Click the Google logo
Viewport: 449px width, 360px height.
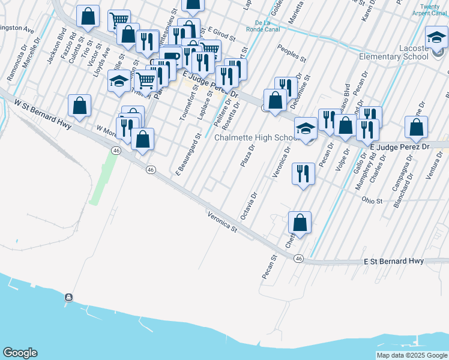20,353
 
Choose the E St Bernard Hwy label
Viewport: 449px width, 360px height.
394,262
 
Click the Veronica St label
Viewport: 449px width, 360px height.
223,221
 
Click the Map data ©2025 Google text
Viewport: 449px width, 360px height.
412,355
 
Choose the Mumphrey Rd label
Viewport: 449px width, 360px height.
367,174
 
